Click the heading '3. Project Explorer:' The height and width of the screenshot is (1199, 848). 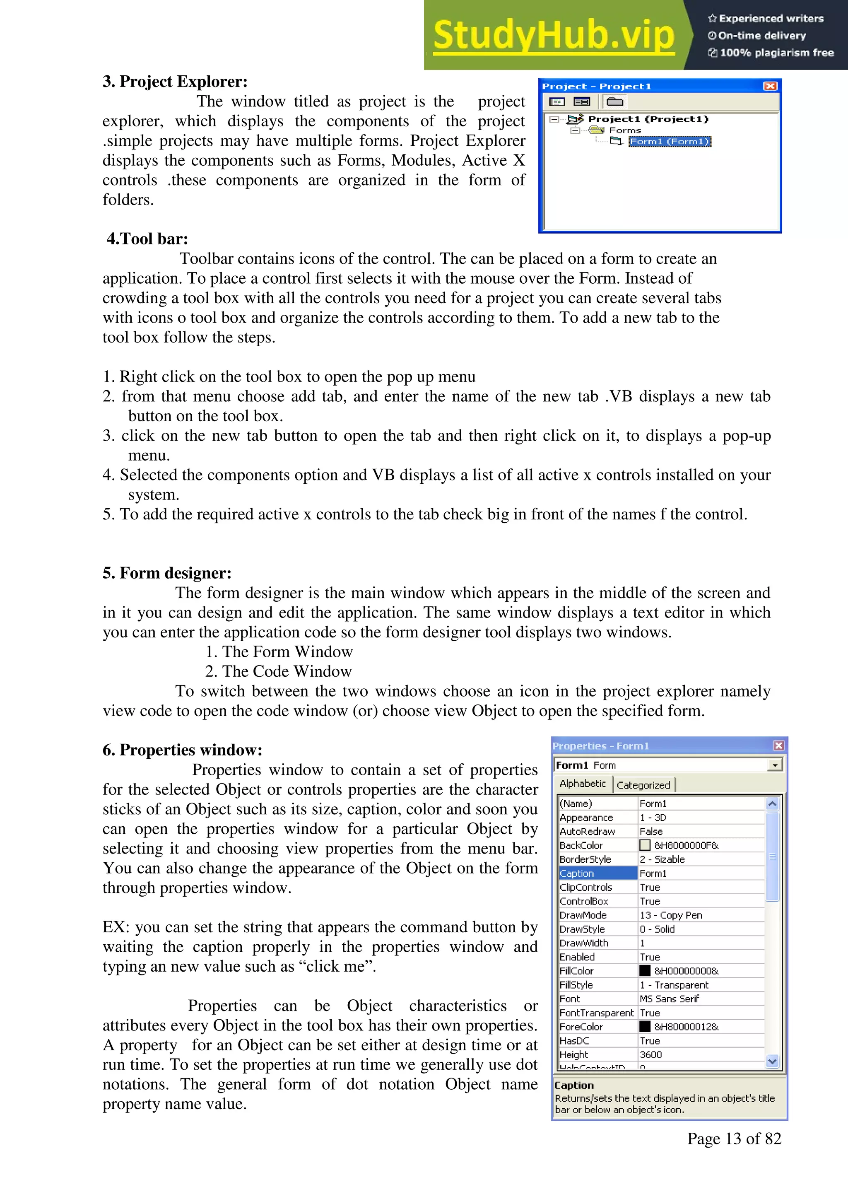click(x=175, y=82)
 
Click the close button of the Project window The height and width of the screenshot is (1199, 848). click(x=770, y=86)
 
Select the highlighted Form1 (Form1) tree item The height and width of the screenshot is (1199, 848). click(x=670, y=142)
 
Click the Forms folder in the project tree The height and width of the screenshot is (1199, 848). click(x=624, y=130)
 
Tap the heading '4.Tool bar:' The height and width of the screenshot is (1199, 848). click(x=147, y=239)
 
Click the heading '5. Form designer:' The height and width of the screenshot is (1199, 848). click(x=167, y=573)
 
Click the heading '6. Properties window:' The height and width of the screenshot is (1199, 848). click(x=182, y=750)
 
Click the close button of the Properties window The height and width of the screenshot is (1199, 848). click(x=778, y=746)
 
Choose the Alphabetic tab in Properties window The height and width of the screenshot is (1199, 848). click(x=583, y=784)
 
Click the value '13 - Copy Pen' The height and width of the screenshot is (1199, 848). click(x=671, y=915)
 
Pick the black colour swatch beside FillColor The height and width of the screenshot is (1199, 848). click(x=645, y=971)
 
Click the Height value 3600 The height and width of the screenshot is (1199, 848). click(x=650, y=1055)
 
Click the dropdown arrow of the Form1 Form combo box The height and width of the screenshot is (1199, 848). click(x=775, y=765)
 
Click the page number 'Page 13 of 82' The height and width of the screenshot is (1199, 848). click(x=734, y=1139)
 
